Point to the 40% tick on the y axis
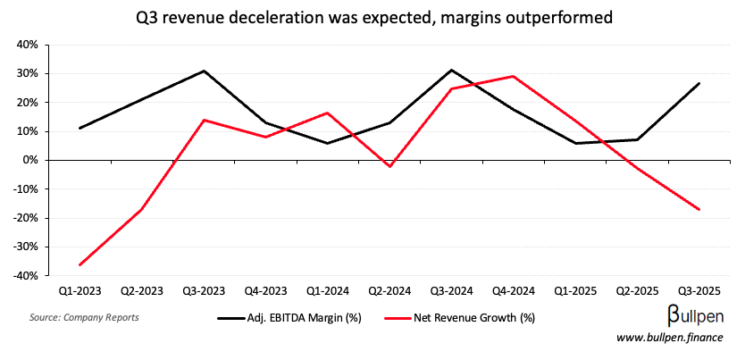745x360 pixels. (25, 45)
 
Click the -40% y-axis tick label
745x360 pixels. (23, 276)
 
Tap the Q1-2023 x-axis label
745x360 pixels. (80, 292)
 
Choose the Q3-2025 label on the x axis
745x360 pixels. (699, 292)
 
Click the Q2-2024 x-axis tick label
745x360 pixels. (389, 292)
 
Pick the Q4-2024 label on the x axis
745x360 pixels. (513, 292)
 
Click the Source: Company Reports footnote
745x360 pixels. (84, 317)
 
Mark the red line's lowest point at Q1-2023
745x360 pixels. (80, 264)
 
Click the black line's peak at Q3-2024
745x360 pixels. (451, 70)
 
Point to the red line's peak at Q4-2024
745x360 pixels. (513, 76)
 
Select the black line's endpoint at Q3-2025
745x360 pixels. (699, 83)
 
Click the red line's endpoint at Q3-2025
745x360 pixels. (699, 209)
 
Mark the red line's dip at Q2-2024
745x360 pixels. (389, 166)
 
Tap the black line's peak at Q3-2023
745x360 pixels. (204, 71)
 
